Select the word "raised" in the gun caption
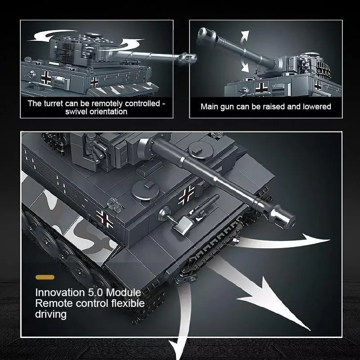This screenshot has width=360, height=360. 274,107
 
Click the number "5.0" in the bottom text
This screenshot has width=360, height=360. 95,293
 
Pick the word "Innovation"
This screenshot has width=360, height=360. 60,293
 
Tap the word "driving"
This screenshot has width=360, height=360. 51,314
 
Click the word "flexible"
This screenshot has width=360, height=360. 128,303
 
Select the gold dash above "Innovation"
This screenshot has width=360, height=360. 45,277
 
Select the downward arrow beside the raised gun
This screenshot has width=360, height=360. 245,65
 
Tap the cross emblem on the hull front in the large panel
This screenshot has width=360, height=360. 187,195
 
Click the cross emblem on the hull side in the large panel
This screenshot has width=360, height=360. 105,219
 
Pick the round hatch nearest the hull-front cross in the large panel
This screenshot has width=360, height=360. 145,190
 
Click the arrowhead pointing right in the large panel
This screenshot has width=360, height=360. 318,240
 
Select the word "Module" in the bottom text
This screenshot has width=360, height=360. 123,293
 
